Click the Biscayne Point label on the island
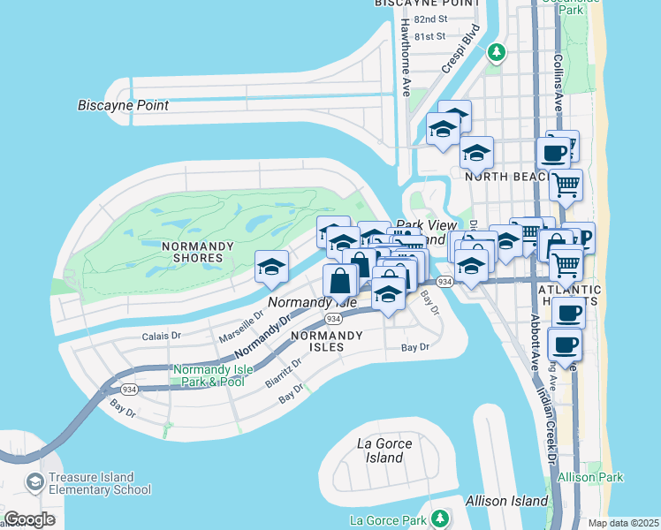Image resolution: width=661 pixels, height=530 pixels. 124,106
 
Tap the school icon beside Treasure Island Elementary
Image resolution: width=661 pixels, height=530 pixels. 35,482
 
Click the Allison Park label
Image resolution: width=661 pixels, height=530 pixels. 598,477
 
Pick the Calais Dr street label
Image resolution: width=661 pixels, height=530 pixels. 161,336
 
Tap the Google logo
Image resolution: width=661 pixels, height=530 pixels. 30,519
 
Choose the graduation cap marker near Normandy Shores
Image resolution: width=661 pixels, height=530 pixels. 272,265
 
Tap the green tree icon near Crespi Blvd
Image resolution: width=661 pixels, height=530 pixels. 498,52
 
